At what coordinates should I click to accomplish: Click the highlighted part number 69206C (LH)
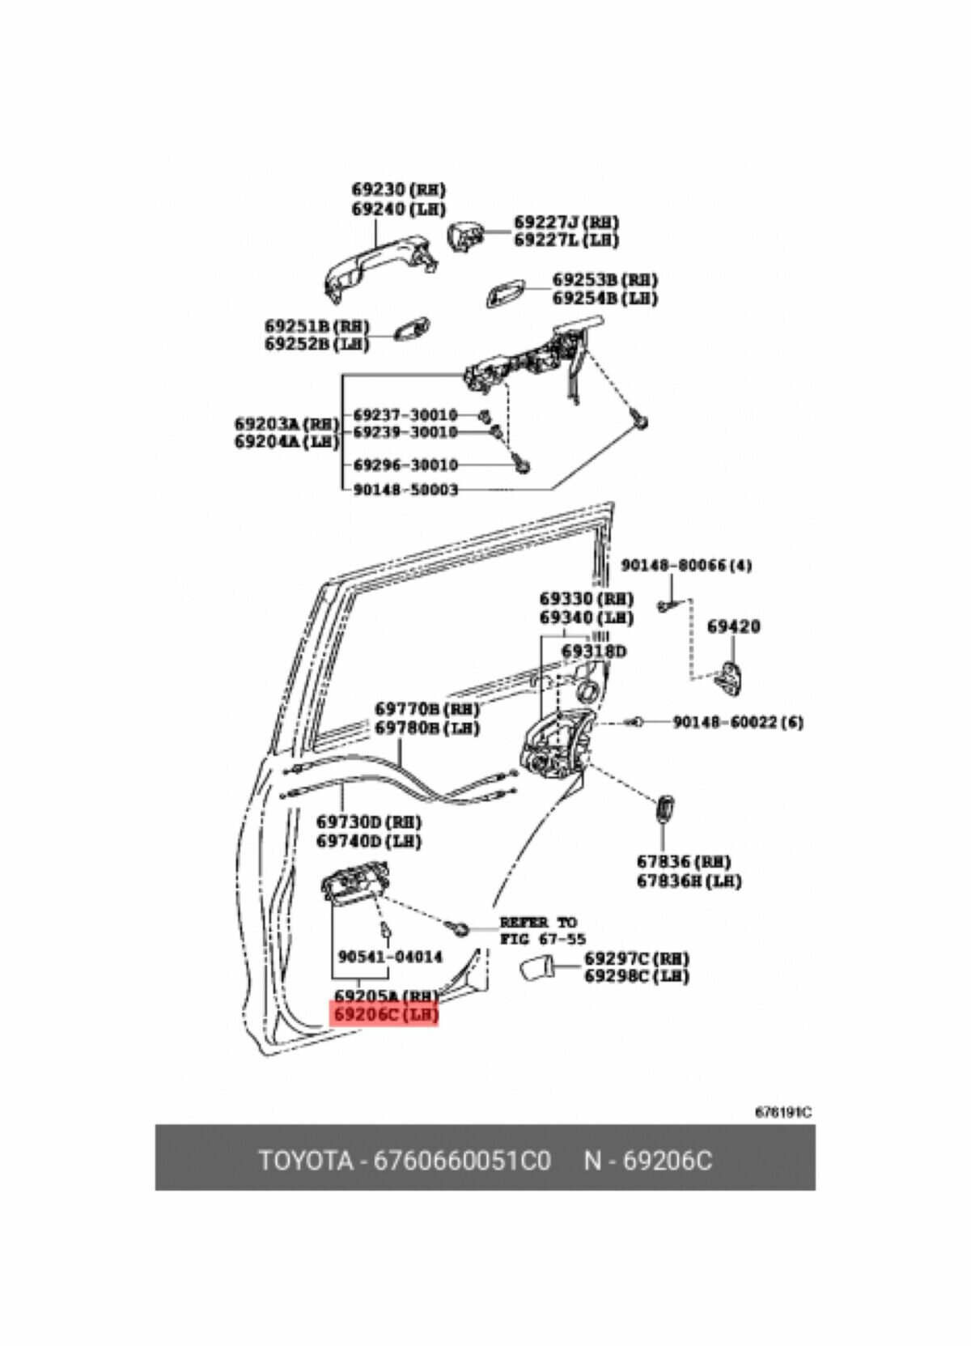384,1013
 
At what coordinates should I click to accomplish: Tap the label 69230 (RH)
399,189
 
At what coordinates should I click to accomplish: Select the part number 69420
733,626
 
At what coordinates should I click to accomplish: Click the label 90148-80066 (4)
685,565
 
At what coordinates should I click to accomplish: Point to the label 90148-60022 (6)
738,721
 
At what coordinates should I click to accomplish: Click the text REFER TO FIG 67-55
538,930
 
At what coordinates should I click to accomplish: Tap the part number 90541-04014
390,957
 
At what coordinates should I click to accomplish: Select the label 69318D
594,652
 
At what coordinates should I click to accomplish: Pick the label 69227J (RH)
566,222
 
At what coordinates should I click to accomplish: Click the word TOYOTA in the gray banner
306,1161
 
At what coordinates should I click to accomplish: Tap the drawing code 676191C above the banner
782,1112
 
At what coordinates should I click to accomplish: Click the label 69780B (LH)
426,728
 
